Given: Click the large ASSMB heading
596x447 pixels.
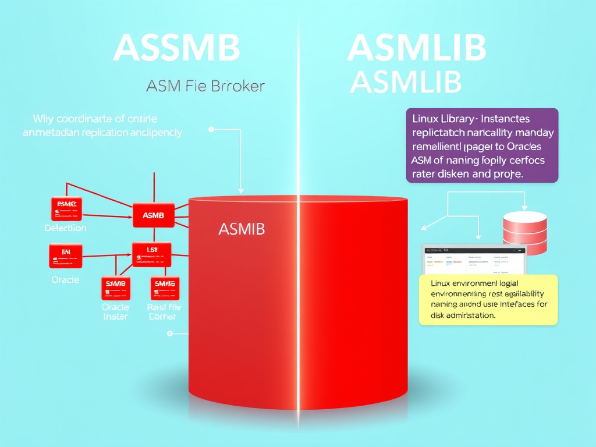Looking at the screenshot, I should click(x=176, y=48).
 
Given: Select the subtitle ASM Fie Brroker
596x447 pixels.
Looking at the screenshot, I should click(x=205, y=87).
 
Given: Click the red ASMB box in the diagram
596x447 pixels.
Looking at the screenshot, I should click(x=153, y=215).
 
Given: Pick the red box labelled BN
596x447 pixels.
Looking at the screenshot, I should click(x=66, y=255).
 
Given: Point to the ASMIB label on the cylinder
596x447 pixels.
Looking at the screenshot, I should click(x=241, y=229).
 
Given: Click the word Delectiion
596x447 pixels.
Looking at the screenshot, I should click(x=65, y=228).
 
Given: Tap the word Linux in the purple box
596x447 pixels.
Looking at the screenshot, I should click(x=425, y=119).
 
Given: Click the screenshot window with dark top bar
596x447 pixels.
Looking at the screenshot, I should click(x=474, y=258).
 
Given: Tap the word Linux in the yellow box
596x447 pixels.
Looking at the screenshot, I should click(x=444, y=283).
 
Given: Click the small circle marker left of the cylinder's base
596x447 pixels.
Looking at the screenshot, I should click(x=170, y=334).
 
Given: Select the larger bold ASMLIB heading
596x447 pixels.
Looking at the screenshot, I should click(x=416, y=48).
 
